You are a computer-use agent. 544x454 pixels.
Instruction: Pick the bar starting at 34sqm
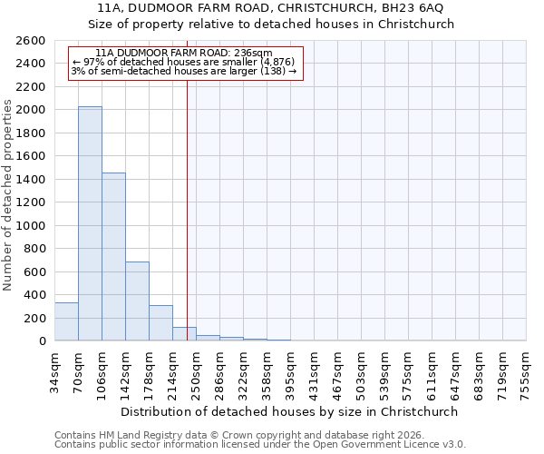click(66, 322)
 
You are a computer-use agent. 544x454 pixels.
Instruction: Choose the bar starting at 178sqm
click(160, 323)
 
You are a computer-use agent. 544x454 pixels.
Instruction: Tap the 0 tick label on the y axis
click(43, 341)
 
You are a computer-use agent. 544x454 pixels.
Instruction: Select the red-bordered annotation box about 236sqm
click(184, 62)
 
